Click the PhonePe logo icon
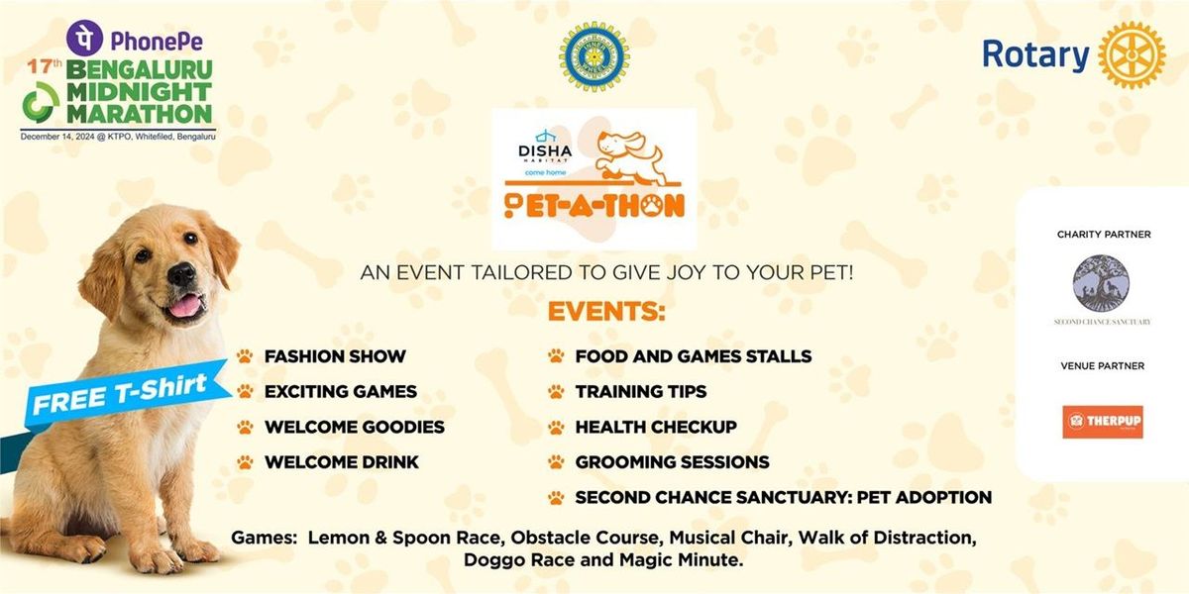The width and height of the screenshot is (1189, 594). [x=84, y=38]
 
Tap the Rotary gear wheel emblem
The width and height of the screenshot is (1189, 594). [x=1132, y=55]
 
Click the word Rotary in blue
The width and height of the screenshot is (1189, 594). [x=1035, y=55]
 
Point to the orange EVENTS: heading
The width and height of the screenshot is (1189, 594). [x=605, y=313]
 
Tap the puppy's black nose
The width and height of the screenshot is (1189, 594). [x=181, y=275]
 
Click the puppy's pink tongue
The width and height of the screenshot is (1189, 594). [x=185, y=305]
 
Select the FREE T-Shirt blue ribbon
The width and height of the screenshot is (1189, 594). [x=119, y=391]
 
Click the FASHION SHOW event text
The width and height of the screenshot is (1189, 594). [x=335, y=356]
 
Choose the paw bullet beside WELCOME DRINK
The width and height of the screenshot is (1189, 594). [x=245, y=462]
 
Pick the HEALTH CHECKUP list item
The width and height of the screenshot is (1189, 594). [x=656, y=427]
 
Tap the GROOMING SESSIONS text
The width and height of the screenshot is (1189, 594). [x=672, y=462]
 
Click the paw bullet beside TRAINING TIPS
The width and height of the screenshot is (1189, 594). [x=556, y=392]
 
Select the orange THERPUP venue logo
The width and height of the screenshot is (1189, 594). [x=1102, y=422]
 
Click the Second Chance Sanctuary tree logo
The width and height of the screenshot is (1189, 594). [x=1101, y=283]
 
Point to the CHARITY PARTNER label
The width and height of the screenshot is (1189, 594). [x=1102, y=235]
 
